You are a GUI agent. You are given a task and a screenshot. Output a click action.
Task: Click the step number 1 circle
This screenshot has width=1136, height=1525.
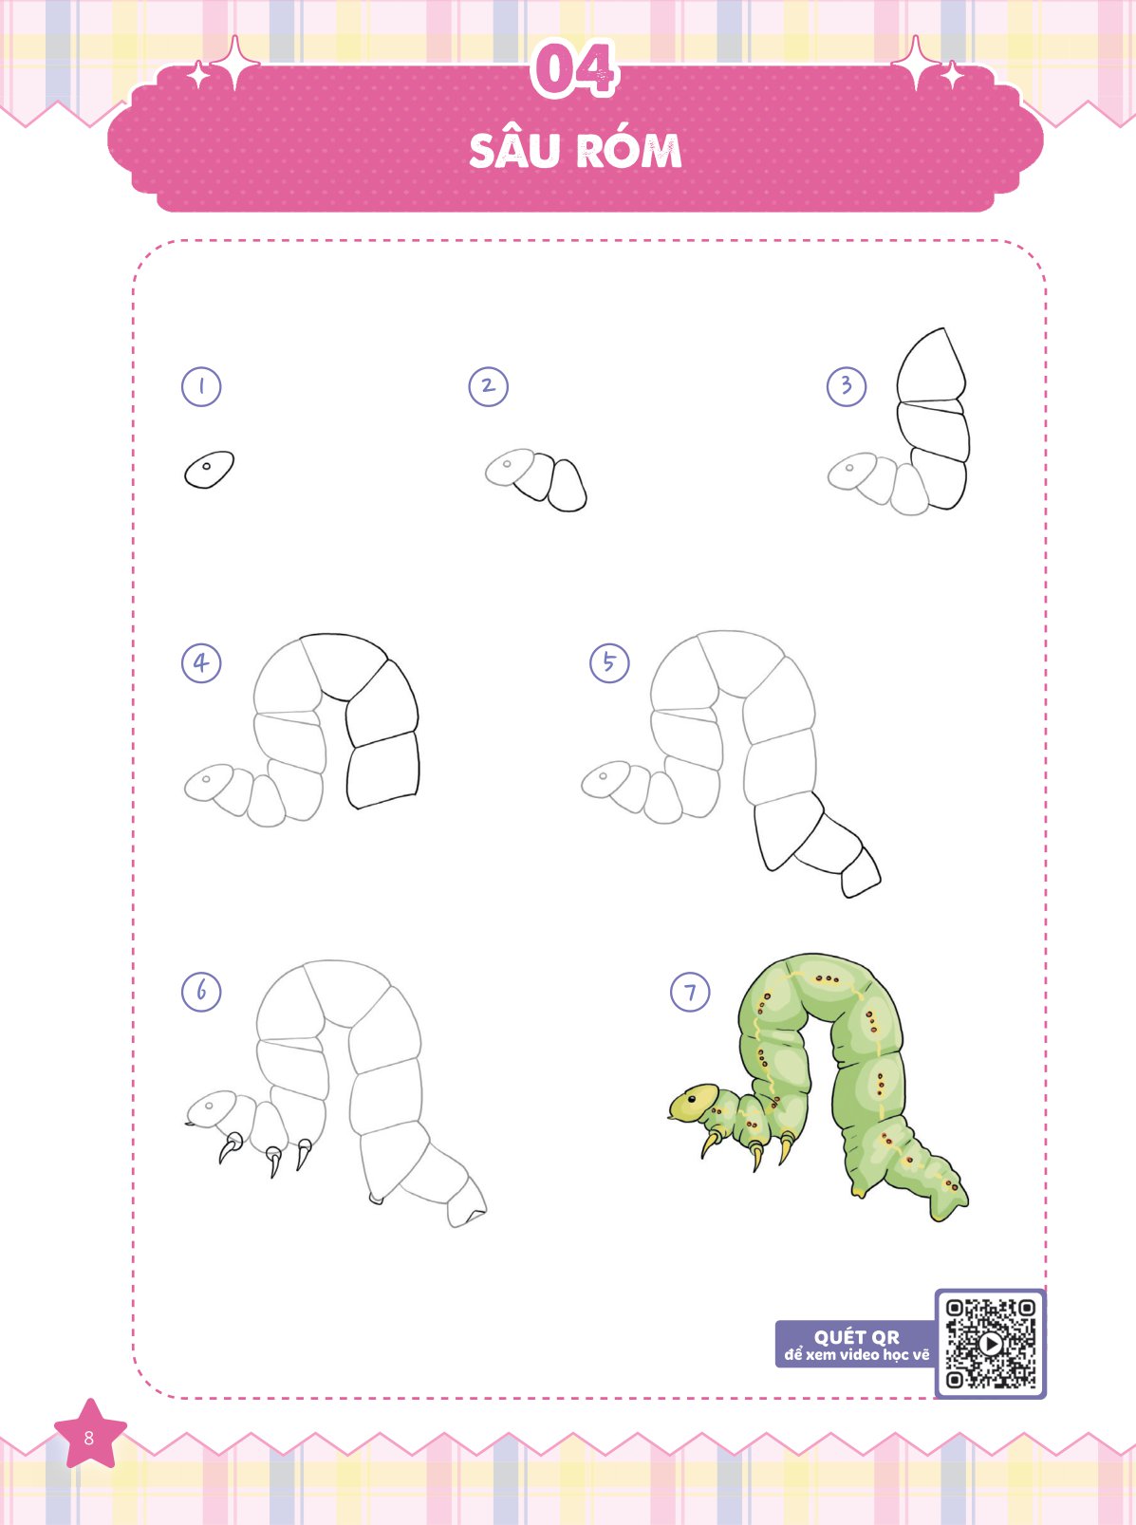[201, 386]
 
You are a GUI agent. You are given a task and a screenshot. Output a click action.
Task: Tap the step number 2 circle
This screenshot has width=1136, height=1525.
[488, 386]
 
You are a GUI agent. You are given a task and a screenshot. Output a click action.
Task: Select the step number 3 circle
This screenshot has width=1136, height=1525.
[847, 386]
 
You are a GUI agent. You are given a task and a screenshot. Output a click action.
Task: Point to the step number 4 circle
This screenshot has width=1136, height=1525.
[201, 663]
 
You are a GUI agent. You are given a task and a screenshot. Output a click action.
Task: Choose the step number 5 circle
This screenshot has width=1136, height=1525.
[609, 663]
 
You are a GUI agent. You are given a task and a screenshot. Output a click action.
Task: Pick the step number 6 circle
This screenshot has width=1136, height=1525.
[201, 992]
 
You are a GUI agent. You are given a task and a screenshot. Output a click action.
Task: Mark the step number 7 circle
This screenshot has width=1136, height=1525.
[690, 992]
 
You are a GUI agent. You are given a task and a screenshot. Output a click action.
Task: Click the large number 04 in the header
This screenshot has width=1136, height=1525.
[573, 68]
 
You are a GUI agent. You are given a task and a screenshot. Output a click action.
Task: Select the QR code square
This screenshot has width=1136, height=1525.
[991, 1344]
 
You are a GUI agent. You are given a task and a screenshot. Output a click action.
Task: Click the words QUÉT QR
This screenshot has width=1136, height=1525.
[857, 1337]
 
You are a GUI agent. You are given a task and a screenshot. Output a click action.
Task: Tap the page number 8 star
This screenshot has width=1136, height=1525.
[90, 1437]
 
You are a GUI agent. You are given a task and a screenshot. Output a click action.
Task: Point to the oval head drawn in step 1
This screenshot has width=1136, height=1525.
[209, 471]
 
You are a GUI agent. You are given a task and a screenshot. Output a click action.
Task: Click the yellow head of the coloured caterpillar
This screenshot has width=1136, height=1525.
[695, 1102]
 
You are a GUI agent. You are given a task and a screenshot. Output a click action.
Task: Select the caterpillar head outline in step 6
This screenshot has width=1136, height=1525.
[212, 1109]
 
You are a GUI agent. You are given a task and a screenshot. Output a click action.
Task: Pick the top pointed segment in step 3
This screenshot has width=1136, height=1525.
[931, 365]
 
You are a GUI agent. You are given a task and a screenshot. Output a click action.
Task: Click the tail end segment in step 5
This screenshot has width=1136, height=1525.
[861, 872]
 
